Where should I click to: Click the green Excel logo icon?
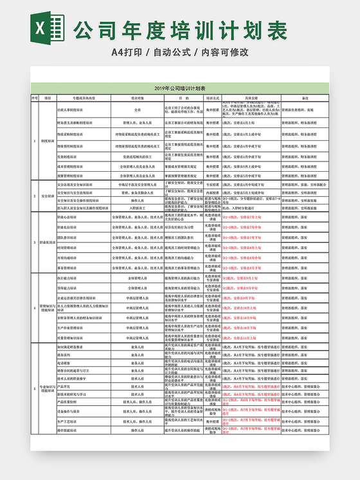pyautogui.click(x=47, y=28)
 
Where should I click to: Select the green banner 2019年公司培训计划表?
pyautogui.click(x=180, y=88)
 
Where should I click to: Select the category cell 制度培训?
pyautogui.click(x=48, y=140)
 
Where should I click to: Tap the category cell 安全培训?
pyautogui.click(x=48, y=196)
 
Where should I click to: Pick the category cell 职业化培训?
pyautogui.click(x=48, y=242)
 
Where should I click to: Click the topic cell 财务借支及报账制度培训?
pyautogui.click(x=75, y=122)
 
